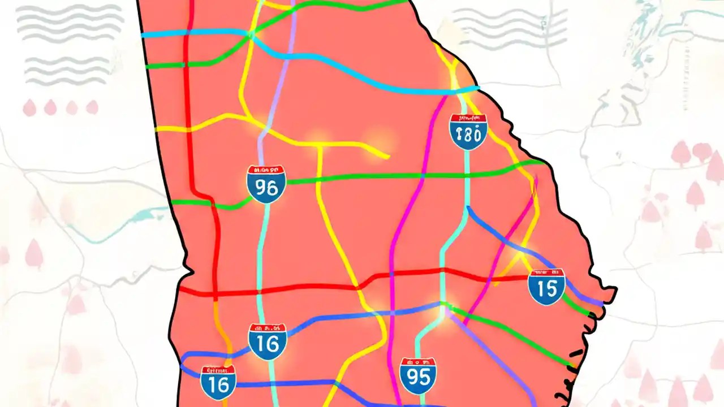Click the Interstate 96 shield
266,184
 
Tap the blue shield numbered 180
468,132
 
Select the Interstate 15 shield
546,287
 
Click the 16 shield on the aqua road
268,341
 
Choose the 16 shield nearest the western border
218,383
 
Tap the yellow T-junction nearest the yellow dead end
320,145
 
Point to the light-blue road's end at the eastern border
478,88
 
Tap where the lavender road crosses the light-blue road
286,54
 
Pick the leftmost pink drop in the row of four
29,107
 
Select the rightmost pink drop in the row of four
92,107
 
